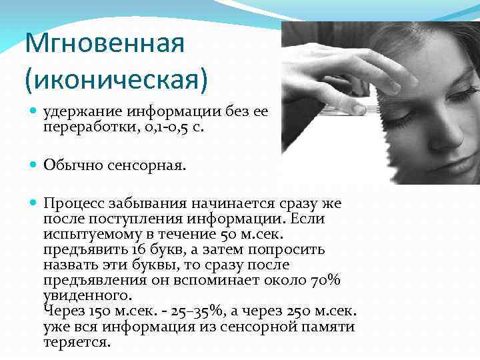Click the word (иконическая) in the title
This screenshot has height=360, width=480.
point(116,79)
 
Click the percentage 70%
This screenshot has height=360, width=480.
point(326,280)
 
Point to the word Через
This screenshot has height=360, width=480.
point(64,310)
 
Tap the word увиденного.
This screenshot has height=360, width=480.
point(87,295)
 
